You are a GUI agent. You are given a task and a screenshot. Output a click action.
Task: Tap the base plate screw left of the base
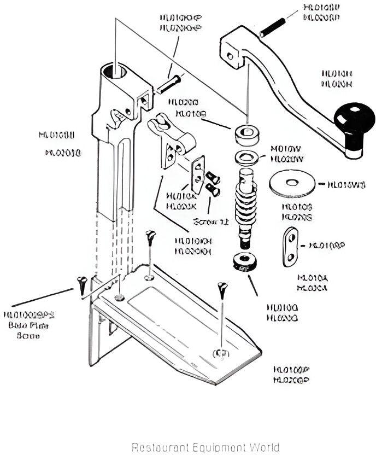click(x=81, y=284)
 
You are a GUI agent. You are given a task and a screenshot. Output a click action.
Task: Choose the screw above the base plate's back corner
click(x=150, y=240)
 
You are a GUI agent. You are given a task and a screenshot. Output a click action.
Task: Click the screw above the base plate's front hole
click(x=221, y=290)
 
